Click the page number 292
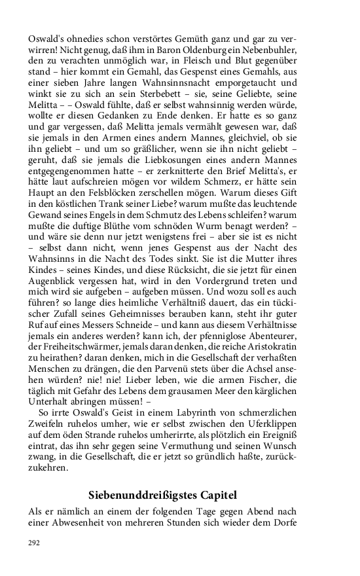34,543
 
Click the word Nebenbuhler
268,51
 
